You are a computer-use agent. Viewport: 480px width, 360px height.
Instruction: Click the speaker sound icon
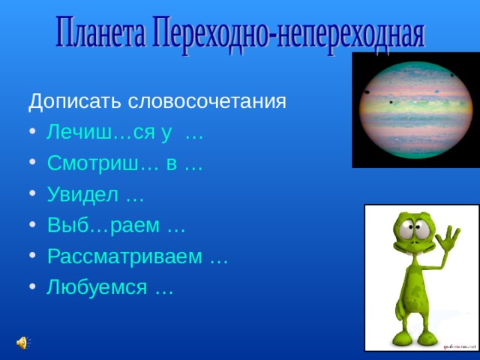[22, 342]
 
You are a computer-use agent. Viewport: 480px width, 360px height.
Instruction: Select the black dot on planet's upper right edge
[451, 76]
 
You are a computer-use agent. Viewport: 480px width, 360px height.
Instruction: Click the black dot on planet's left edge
[365, 92]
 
